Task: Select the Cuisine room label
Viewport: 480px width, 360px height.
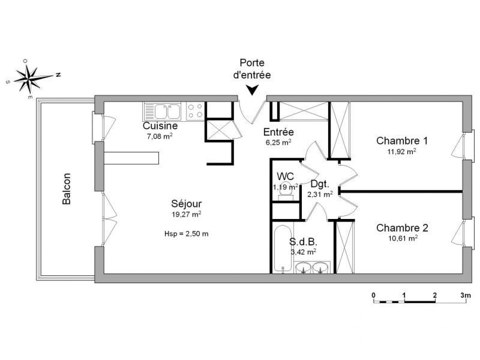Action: (x=160, y=126)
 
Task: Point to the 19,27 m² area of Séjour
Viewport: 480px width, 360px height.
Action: (x=186, y=214)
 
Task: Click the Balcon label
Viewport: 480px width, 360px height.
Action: (x=67, y=189)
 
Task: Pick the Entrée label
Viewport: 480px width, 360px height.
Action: (x=278, y=132)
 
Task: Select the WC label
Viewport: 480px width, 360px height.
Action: (x=285, y=176)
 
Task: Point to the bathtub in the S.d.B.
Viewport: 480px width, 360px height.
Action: (x=283, y=249)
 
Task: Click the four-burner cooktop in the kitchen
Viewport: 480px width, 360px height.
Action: (x=195, y=111)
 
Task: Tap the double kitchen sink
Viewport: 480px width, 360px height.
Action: (x=162, y=111)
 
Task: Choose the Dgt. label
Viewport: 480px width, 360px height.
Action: (x=320, y=184)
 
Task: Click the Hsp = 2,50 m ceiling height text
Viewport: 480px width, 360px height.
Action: (x=186, y=234)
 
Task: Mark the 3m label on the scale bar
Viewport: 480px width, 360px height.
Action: (x=466, y=295)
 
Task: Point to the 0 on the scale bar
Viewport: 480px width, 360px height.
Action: (x=373, y=295)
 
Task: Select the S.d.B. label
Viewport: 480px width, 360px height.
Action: (x=303, y=242)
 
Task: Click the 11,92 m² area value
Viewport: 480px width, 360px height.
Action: (x=402, y=151)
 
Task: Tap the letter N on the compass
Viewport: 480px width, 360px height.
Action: (x=58, y=75)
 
